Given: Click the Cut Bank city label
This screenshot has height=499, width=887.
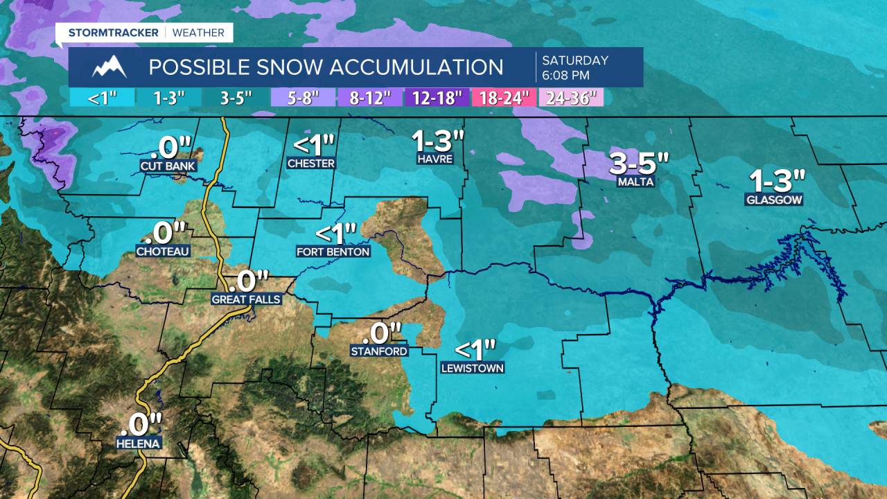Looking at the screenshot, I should pos(168,166).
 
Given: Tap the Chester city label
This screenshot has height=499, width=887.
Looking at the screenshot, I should pos(311,164).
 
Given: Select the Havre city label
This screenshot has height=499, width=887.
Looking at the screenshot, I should pos(434,159).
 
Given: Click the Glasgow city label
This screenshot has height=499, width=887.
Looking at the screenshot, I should pos(774,200).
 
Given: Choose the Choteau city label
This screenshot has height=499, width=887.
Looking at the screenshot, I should pos(163,252).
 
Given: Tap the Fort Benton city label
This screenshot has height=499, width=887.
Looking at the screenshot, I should pos(333,252).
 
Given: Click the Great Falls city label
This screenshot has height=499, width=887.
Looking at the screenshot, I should pos(246,299).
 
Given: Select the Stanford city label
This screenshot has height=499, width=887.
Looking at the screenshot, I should pos(379,351).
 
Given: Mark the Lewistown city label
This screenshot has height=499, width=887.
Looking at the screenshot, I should pos(473,368).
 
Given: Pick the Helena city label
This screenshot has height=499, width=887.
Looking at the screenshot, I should pos(139,444).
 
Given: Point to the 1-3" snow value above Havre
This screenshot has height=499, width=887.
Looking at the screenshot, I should pos(437,141).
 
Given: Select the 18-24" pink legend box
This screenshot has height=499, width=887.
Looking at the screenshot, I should pos(504,98).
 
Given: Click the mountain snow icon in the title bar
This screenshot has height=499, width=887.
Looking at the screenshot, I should pos(110,67).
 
